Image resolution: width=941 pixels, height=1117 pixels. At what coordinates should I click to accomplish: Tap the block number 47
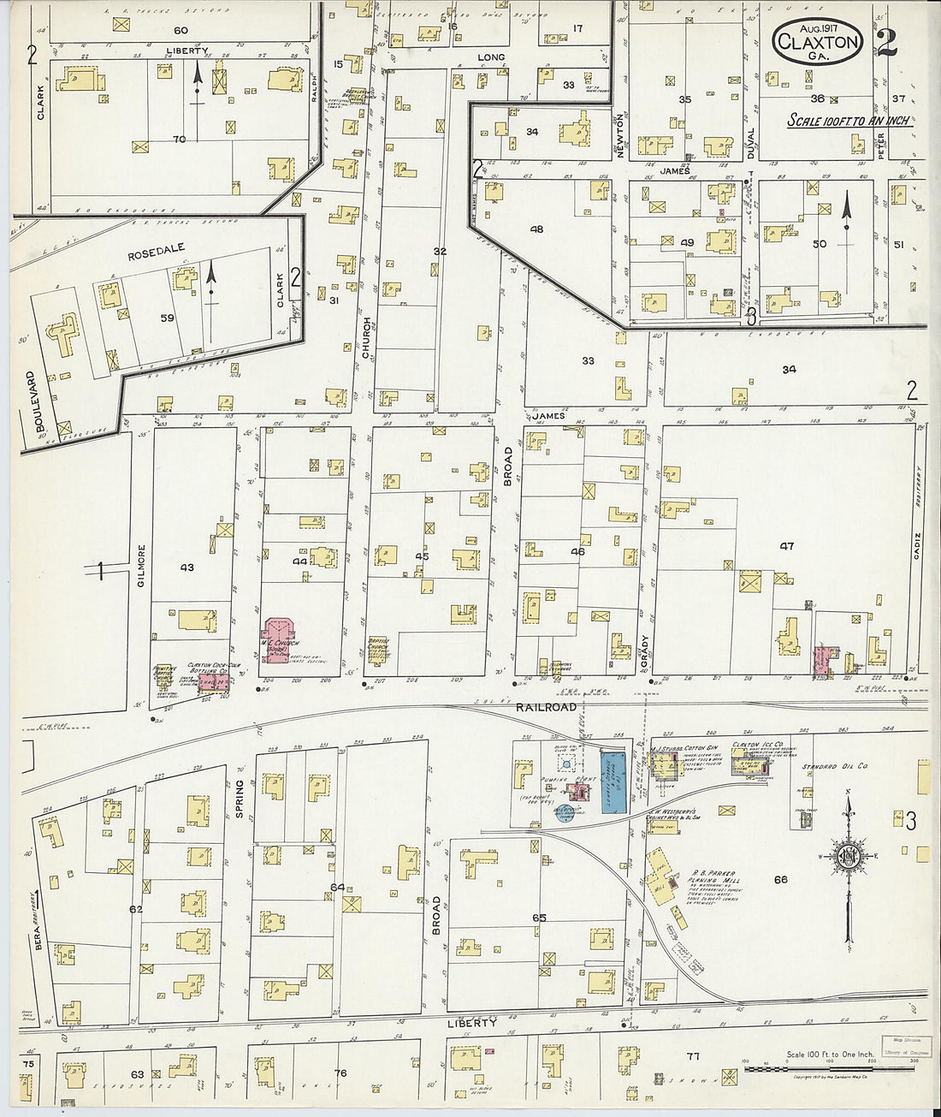[786, 546]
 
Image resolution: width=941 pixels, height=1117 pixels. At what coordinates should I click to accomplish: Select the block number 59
[167, 318]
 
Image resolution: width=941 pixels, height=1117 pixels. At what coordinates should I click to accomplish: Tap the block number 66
[779, 879]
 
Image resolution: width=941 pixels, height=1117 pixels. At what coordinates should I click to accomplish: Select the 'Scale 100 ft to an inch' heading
[849, 121]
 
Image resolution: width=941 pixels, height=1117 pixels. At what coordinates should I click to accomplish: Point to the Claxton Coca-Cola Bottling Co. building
[214, 681]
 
